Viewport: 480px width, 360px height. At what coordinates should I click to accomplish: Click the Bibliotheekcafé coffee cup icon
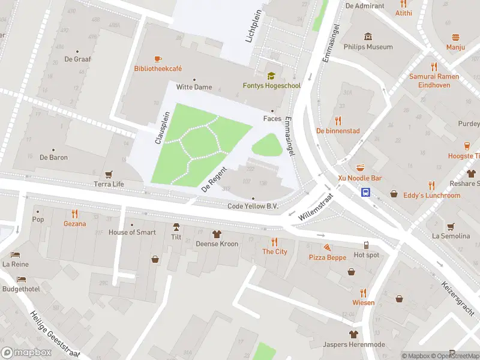pos(157,59)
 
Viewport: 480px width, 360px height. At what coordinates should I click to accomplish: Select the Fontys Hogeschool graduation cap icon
pos(271,76)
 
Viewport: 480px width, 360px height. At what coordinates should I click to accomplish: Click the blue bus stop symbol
pos(365,193)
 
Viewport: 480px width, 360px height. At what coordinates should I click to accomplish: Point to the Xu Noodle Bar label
pos(359,178)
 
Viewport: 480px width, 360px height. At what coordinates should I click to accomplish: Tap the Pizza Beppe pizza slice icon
pos(327,247)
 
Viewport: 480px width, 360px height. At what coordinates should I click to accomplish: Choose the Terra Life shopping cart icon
pos(109,174)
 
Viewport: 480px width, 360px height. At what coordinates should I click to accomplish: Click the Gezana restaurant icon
pos(75,214)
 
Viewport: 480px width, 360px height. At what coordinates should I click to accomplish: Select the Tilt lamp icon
pos(176,227)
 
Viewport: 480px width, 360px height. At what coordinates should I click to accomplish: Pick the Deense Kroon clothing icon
pos(217,234)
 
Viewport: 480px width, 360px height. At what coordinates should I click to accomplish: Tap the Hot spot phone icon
pos(367,245)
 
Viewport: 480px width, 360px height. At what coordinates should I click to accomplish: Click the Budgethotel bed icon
pos(21,280)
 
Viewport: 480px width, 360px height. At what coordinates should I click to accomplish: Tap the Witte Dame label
pos(194,87)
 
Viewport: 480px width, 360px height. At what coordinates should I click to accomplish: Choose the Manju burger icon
pos(455,37)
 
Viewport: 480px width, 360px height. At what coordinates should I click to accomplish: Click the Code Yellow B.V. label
pos(253,206)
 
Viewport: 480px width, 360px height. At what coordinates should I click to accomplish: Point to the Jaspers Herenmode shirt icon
pos(353,334)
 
